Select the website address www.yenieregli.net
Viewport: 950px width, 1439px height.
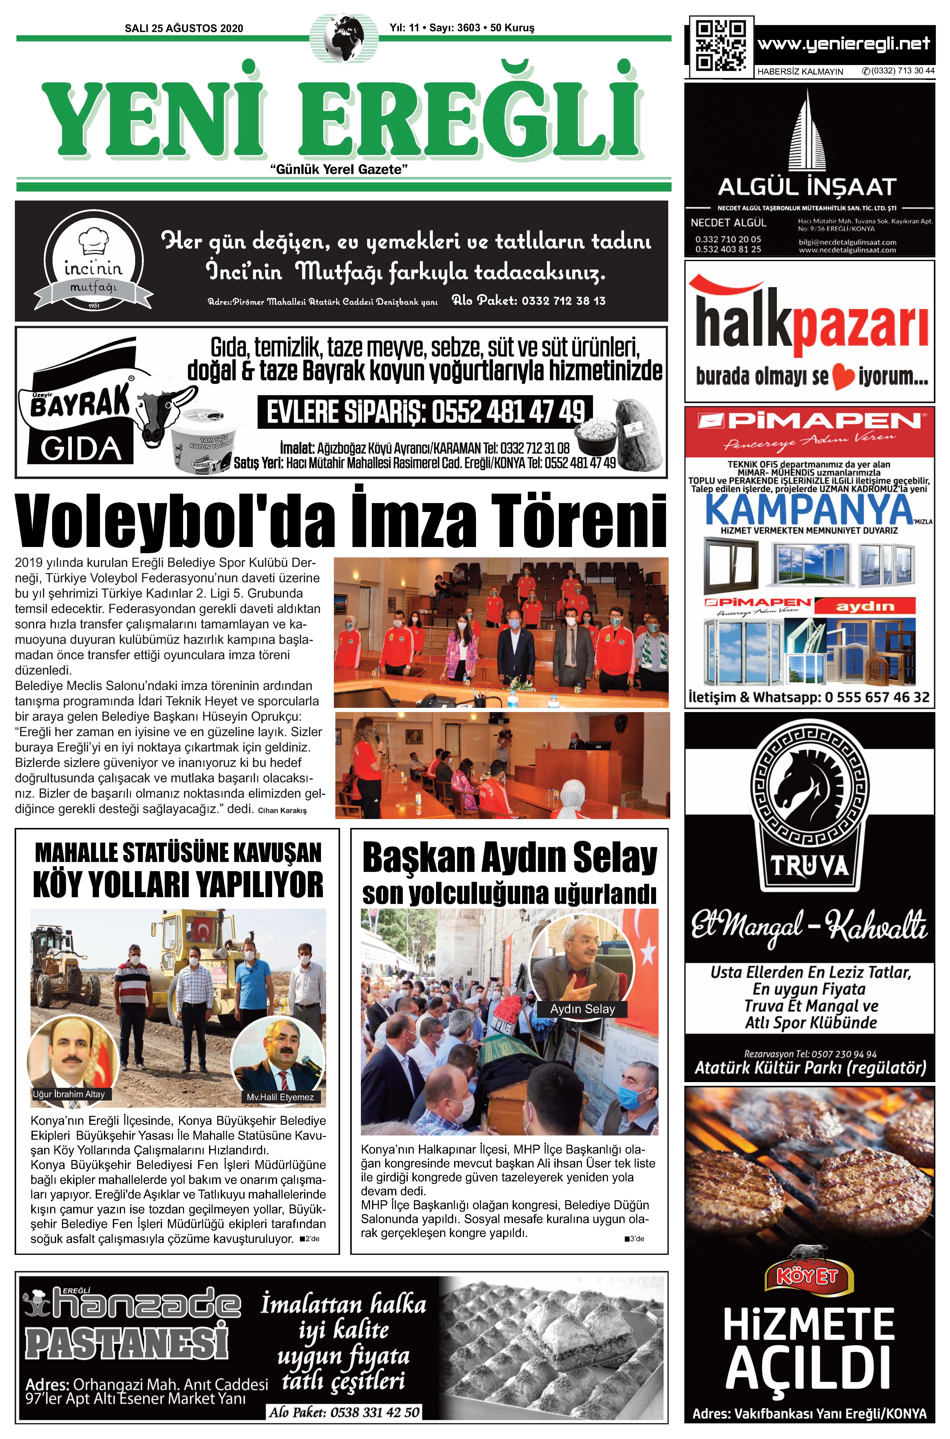(843, 44)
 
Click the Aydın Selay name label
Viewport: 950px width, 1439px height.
(582, 1009)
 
